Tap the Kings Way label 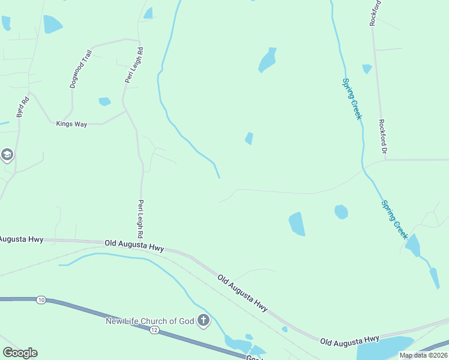[x=71, y=124]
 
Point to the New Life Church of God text [x=149, y=321]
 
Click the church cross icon [x=203, y=320]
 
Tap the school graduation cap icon [x=7, y=155]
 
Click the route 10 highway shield [x=40, y=299]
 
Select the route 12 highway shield [x=154, y=331]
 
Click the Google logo [x=20, y=353]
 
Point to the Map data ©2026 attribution [x=423, y=355]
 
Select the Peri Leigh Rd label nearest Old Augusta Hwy [x=141, y=219]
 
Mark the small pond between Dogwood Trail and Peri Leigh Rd [x=104, y=101]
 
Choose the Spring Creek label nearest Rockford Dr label [x=352, y=98]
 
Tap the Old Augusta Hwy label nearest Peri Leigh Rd [x=134, y=245]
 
